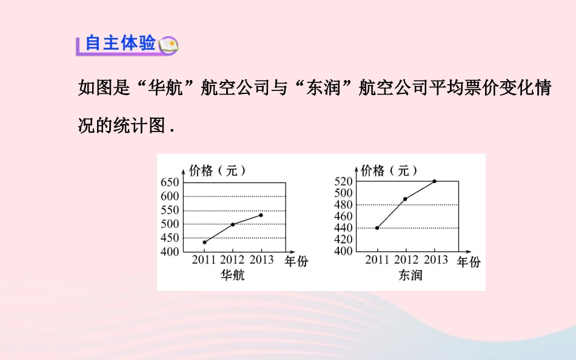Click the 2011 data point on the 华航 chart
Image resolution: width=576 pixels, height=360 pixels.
(x=204, y=242)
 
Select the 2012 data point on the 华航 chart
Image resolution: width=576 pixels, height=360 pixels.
(x=233, y=224)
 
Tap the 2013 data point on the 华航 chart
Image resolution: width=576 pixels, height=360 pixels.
(x=261, y=215)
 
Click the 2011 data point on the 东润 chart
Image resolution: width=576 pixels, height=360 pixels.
(x=377, y=228)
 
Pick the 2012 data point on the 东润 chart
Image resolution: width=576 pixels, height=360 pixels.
(x=405, y=199)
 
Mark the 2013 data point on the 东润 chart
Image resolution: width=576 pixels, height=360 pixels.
(x=434, y=181)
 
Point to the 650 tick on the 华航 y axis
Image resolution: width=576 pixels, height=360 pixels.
(x=170, y=182)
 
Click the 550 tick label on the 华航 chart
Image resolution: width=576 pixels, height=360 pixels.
(x=170, y=210)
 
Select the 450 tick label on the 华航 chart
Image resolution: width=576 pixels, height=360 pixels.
(x=170, y=238)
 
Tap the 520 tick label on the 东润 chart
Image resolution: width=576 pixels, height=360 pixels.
(x=343, y=181)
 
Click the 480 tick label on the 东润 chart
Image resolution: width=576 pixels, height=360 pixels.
(x=343, y=204)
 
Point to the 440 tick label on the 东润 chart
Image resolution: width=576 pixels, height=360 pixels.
(x=343, y=228)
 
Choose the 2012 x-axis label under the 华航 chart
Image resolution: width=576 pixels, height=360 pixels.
(x=233, y=260)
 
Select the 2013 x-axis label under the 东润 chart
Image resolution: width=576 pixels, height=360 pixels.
(x=435, y=260)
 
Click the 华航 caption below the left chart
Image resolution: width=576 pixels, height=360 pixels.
(x=233, y=275)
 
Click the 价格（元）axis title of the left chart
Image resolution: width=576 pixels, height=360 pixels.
(x=217, y=171)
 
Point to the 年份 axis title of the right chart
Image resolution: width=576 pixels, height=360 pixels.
(x=468, y=262)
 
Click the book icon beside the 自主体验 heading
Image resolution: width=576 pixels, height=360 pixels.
(x=167, y=44)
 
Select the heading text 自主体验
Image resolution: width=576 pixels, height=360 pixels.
(x=120, y=43)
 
